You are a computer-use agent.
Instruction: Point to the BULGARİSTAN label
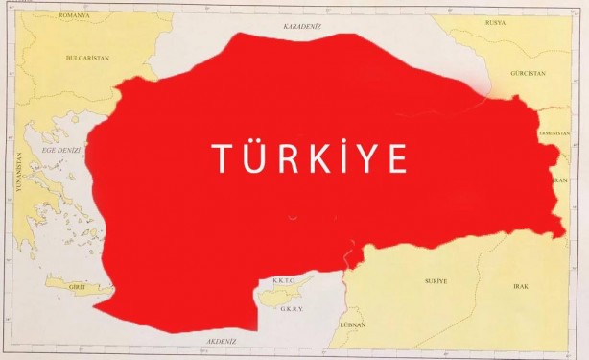pos(88,58)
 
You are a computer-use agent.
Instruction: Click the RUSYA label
pos(495,22)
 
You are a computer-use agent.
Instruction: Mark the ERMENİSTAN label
pos(555,132)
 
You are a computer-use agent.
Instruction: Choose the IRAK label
pos(519,286)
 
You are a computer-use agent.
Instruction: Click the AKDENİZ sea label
pos(222,341)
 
